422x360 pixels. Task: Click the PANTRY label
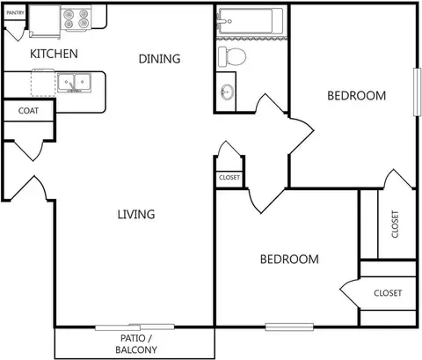pyautogui.click(x=16, y=13)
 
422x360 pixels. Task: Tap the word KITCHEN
pyautogui.click(x=54, y=54)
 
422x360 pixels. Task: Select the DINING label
pyautogui.click(x=159, y=59)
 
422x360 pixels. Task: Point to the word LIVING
pyautogui.click(x=136, y=215)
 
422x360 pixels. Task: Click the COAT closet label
pyautogui.click(x=28, y=111)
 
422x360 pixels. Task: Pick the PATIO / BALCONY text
pyautogui.click(x=136, y=344)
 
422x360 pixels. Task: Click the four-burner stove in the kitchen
pyautogui.click(x=76, y=18)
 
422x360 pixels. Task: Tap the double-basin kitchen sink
pyautogui.click(x=74, y=83)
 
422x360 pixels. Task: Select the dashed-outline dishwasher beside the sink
pyautogui.click(x=43, y=83)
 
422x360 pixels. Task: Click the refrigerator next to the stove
pyautogui.click(x=45, y=21)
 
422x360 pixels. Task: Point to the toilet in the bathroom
pyautogui.click(x=232, y=56)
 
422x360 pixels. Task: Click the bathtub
pyautogui.click(x=250, y=21)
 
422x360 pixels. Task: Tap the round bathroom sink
pyautogui.click(x=227, y=92)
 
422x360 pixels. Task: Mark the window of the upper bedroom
pyautogui.click(x=417, y=92)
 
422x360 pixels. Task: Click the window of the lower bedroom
pyautogui.click(x=289, y=327)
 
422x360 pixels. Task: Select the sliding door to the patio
pyautogui.click(x=135, y=327)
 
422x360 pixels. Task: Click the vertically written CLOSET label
pyautogui.click(x=395, y=224)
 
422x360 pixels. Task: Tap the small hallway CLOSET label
pyautogui.click(x=229, y=178)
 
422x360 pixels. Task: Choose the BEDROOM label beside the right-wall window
pyautogui.click(x=357, y=96)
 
